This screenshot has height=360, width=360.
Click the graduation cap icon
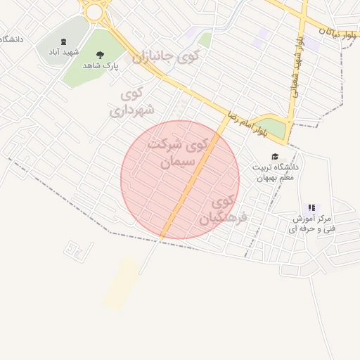pyautogui.click(x=275, y=156)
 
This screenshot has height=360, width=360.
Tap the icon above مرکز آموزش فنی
pyautogui.click(x=312, y=207)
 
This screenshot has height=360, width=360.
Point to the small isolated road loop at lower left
pyautogui.click(x=77, y=248)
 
